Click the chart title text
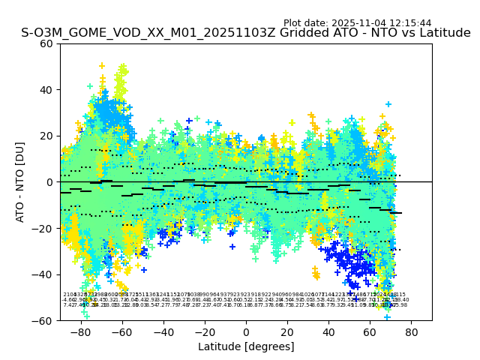[x=246, y=33]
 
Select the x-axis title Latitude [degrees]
[x=246, y=346]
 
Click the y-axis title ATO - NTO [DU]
[x=21, y=181]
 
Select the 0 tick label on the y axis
[x=51, y=181]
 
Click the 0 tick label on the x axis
[x=246, y=331]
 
